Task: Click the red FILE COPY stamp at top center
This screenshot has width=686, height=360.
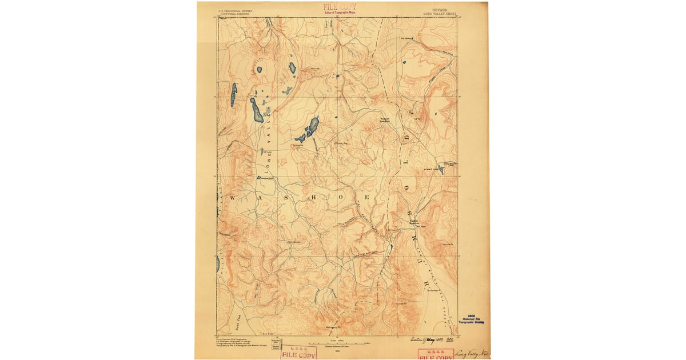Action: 339,8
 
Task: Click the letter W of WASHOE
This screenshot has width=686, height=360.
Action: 233,197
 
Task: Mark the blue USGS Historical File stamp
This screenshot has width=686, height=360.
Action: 472,320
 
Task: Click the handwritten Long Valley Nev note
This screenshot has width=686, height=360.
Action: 472,353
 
